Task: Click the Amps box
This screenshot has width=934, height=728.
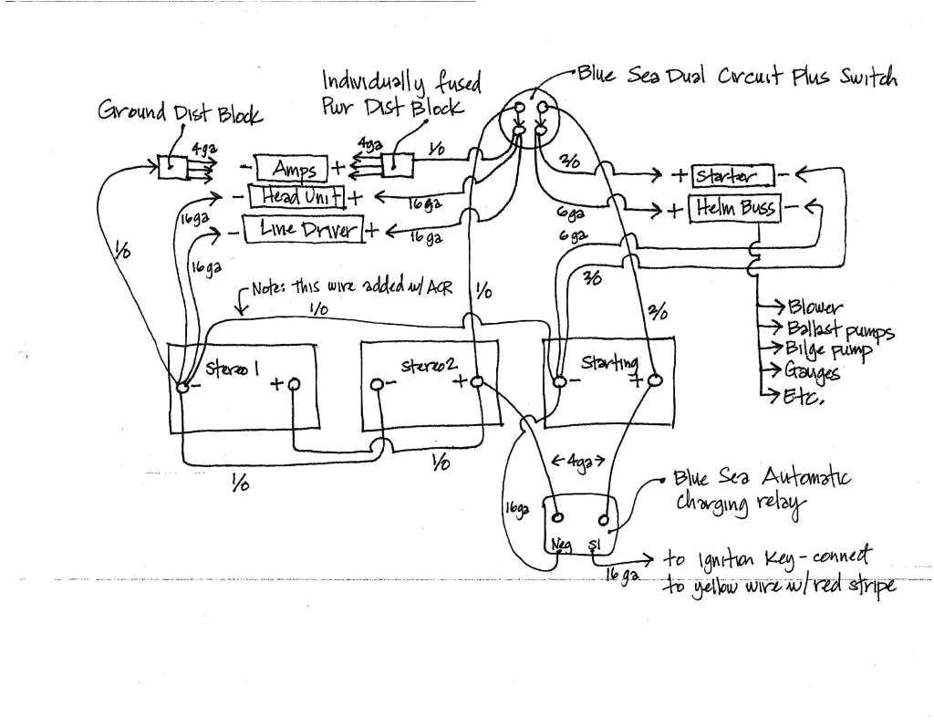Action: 294,169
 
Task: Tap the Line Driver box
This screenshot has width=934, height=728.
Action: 302,228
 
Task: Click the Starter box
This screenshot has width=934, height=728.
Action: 732,174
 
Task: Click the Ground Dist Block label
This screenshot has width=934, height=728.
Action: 180,113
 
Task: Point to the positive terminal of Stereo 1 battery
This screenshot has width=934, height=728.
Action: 293,386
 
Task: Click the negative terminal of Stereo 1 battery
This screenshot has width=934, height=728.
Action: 182,387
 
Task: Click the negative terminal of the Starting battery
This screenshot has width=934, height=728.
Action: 557,380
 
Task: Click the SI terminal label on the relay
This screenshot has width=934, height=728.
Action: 596,545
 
